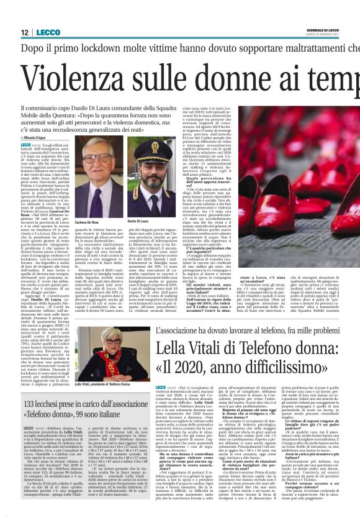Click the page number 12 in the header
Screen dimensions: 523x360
(x=25, y=32)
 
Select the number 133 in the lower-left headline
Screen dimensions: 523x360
(x=32, y=404)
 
